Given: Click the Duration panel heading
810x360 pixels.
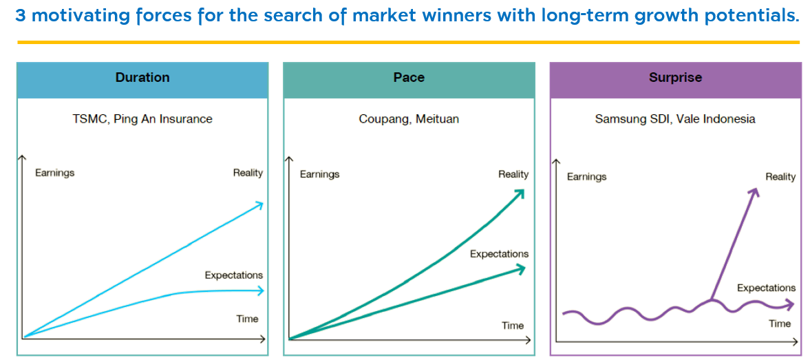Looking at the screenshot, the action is click(x=142, y=78).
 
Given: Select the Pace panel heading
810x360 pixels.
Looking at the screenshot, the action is click(x=409, y=78).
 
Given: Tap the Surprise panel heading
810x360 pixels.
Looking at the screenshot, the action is click(x=675, y=78).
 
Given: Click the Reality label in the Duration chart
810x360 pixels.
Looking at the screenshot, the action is click(x=248, y=173).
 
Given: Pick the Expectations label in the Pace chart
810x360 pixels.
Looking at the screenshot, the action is click(x=499, y=254).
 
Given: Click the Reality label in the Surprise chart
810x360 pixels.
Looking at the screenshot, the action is click(x=780, y=178).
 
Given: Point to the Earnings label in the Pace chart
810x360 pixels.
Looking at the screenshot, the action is click(x=320, y=175).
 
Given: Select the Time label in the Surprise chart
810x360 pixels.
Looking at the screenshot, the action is click(x=780, y=324).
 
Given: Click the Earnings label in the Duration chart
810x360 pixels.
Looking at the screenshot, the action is click(x=55, y=173).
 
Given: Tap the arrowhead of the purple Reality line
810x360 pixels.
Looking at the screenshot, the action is click(x=755, y=192).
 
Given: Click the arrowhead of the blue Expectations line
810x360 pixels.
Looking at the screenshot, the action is click(x=260, y=290).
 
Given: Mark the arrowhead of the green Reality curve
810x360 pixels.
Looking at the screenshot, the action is click(x=519, y=193).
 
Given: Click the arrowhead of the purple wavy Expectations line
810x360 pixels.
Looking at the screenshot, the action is click(x=790, y=305).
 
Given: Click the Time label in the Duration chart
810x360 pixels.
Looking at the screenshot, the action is click(x=247, y=319).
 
